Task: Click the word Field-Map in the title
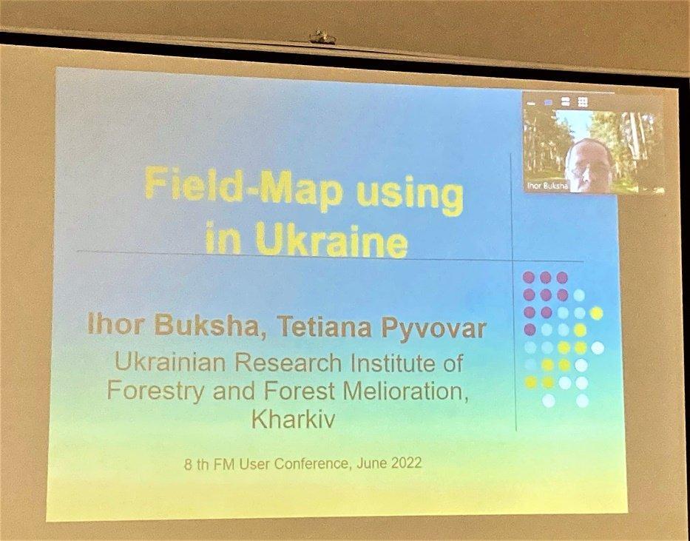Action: [244, 187]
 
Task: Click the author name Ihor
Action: [115, 325]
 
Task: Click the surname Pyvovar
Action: [434, 329]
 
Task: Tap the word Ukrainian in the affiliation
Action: [169, 363]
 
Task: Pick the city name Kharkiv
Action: [293, 420]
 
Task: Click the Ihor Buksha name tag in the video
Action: [547, 187]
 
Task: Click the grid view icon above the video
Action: [583, 102]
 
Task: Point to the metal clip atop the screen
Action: [322, 38]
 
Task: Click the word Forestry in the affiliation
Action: [155, 391]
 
